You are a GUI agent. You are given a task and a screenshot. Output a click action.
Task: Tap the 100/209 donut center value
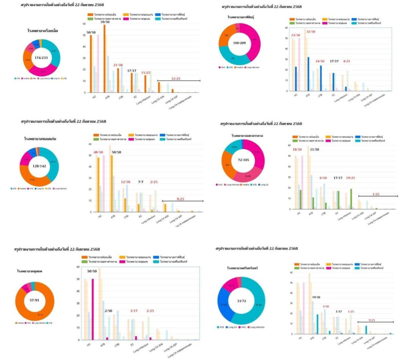[240, 42]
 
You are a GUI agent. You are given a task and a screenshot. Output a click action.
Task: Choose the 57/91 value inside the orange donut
[34, 300]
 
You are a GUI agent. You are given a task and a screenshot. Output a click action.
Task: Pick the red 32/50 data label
[311, 32]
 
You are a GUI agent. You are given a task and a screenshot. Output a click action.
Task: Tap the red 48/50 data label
[98, 153]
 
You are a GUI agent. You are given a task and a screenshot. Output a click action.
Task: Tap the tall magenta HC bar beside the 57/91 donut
[93, 309]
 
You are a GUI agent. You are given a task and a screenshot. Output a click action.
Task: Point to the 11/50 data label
[315, 149]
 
